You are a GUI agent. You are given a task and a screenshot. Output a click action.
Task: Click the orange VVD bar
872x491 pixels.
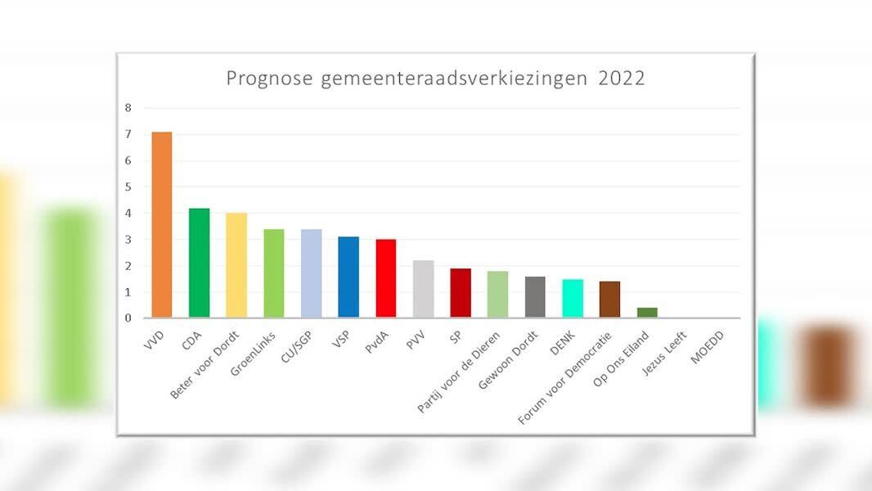161,225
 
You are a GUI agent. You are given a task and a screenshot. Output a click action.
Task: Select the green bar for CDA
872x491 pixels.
199,263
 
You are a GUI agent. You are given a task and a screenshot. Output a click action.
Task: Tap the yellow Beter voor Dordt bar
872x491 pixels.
236,265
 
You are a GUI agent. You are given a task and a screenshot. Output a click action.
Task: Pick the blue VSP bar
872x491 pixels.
348,277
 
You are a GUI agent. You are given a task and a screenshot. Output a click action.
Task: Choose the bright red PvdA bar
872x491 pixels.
386,278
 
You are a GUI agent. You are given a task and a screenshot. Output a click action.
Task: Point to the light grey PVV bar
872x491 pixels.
423,289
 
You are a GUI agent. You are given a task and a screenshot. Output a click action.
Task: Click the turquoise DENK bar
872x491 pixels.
573,299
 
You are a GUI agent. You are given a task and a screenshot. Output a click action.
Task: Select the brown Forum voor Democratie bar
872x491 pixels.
610,300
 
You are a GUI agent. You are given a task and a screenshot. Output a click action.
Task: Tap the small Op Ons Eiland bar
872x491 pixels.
647,313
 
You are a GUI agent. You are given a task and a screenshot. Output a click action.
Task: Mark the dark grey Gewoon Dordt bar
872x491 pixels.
535,297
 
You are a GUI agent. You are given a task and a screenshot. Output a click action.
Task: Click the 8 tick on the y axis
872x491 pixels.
128,108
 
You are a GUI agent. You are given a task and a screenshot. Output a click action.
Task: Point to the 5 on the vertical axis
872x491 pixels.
128,187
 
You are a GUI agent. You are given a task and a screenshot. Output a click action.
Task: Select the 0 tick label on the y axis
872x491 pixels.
128,318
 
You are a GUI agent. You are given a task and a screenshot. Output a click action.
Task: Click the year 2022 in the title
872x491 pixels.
622,79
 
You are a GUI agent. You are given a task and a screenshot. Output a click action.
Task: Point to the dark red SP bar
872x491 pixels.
461,293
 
